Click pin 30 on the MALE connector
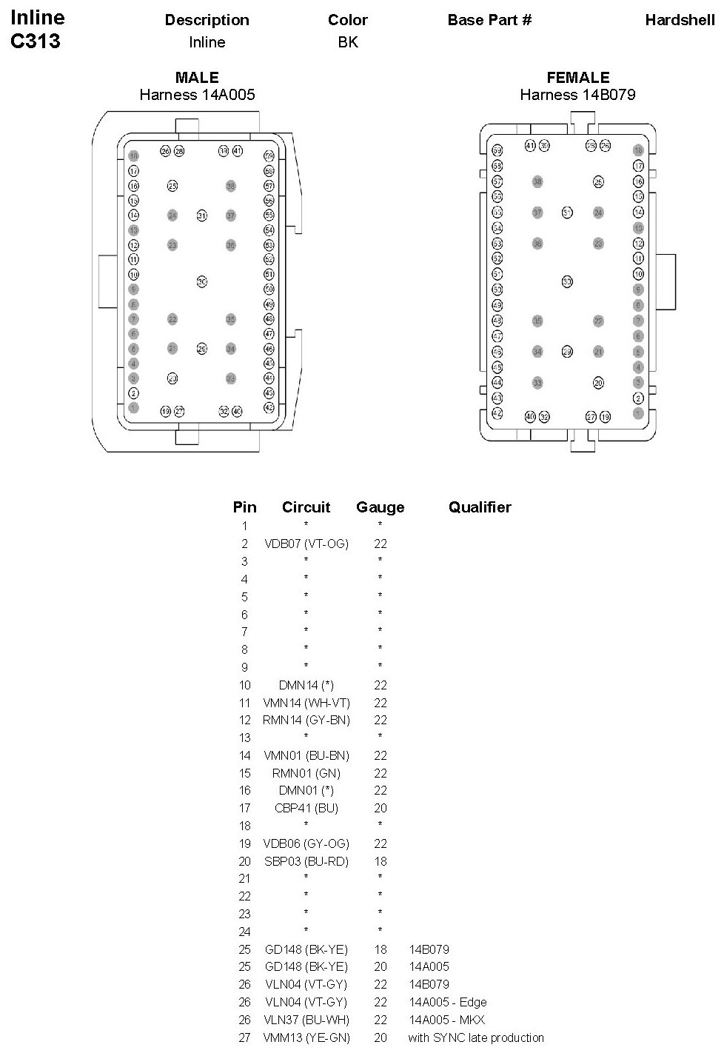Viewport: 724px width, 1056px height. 201,281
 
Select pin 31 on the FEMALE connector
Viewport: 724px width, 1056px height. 567,213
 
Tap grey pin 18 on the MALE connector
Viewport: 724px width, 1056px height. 134,156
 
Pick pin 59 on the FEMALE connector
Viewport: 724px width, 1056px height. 497,150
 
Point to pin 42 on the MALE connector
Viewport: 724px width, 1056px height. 269,407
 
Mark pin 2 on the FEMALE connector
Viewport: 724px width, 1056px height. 638,398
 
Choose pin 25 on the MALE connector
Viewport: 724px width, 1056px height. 172,186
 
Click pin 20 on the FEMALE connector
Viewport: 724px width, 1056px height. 598,383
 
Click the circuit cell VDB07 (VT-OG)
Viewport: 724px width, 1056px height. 306,544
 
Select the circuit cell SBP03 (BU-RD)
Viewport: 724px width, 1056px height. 306,861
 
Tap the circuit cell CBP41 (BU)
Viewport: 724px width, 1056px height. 306,808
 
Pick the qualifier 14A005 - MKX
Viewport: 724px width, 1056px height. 446,1020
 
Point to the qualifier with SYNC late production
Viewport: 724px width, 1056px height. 476,1037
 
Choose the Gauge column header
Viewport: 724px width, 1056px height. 381,507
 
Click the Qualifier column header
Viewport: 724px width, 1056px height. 480,507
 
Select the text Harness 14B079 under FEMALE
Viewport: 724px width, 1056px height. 577,95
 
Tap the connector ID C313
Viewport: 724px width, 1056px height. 36,41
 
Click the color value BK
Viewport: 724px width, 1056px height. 348,42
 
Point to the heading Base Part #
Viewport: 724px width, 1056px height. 489,20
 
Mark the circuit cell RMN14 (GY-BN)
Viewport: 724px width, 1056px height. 306,720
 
